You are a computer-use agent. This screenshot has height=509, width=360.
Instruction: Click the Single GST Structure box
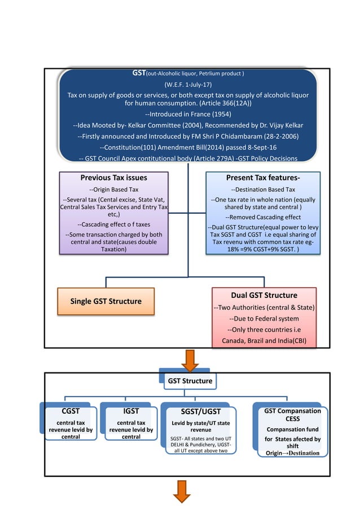(106, 301)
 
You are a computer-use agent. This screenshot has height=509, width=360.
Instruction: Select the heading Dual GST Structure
(264, 295)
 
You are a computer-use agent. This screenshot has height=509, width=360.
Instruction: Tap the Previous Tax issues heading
(114, 178)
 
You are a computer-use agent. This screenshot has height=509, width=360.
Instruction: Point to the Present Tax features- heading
(263, 178)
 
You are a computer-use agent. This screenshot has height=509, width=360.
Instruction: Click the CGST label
(70, 411)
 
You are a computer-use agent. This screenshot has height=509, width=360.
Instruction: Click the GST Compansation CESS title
(293, 415)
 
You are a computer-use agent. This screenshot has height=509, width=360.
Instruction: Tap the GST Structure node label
(190, 381)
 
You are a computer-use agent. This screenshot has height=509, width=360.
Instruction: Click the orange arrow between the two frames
(190, 359)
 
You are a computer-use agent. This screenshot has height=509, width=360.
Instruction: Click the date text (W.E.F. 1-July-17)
(188, 84)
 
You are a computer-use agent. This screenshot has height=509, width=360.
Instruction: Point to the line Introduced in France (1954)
(188, 113)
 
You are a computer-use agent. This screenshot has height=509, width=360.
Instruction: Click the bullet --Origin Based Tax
(114, 190)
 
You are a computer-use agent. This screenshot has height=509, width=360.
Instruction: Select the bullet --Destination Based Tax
(264, 190)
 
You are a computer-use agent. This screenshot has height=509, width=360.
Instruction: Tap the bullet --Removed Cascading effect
(263, 217)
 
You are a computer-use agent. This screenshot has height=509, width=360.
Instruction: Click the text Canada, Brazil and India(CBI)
(264, 341)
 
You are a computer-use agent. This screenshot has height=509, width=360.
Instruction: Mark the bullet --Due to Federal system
(264, 318)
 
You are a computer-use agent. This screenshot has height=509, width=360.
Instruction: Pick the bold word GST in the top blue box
(139, 73)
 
